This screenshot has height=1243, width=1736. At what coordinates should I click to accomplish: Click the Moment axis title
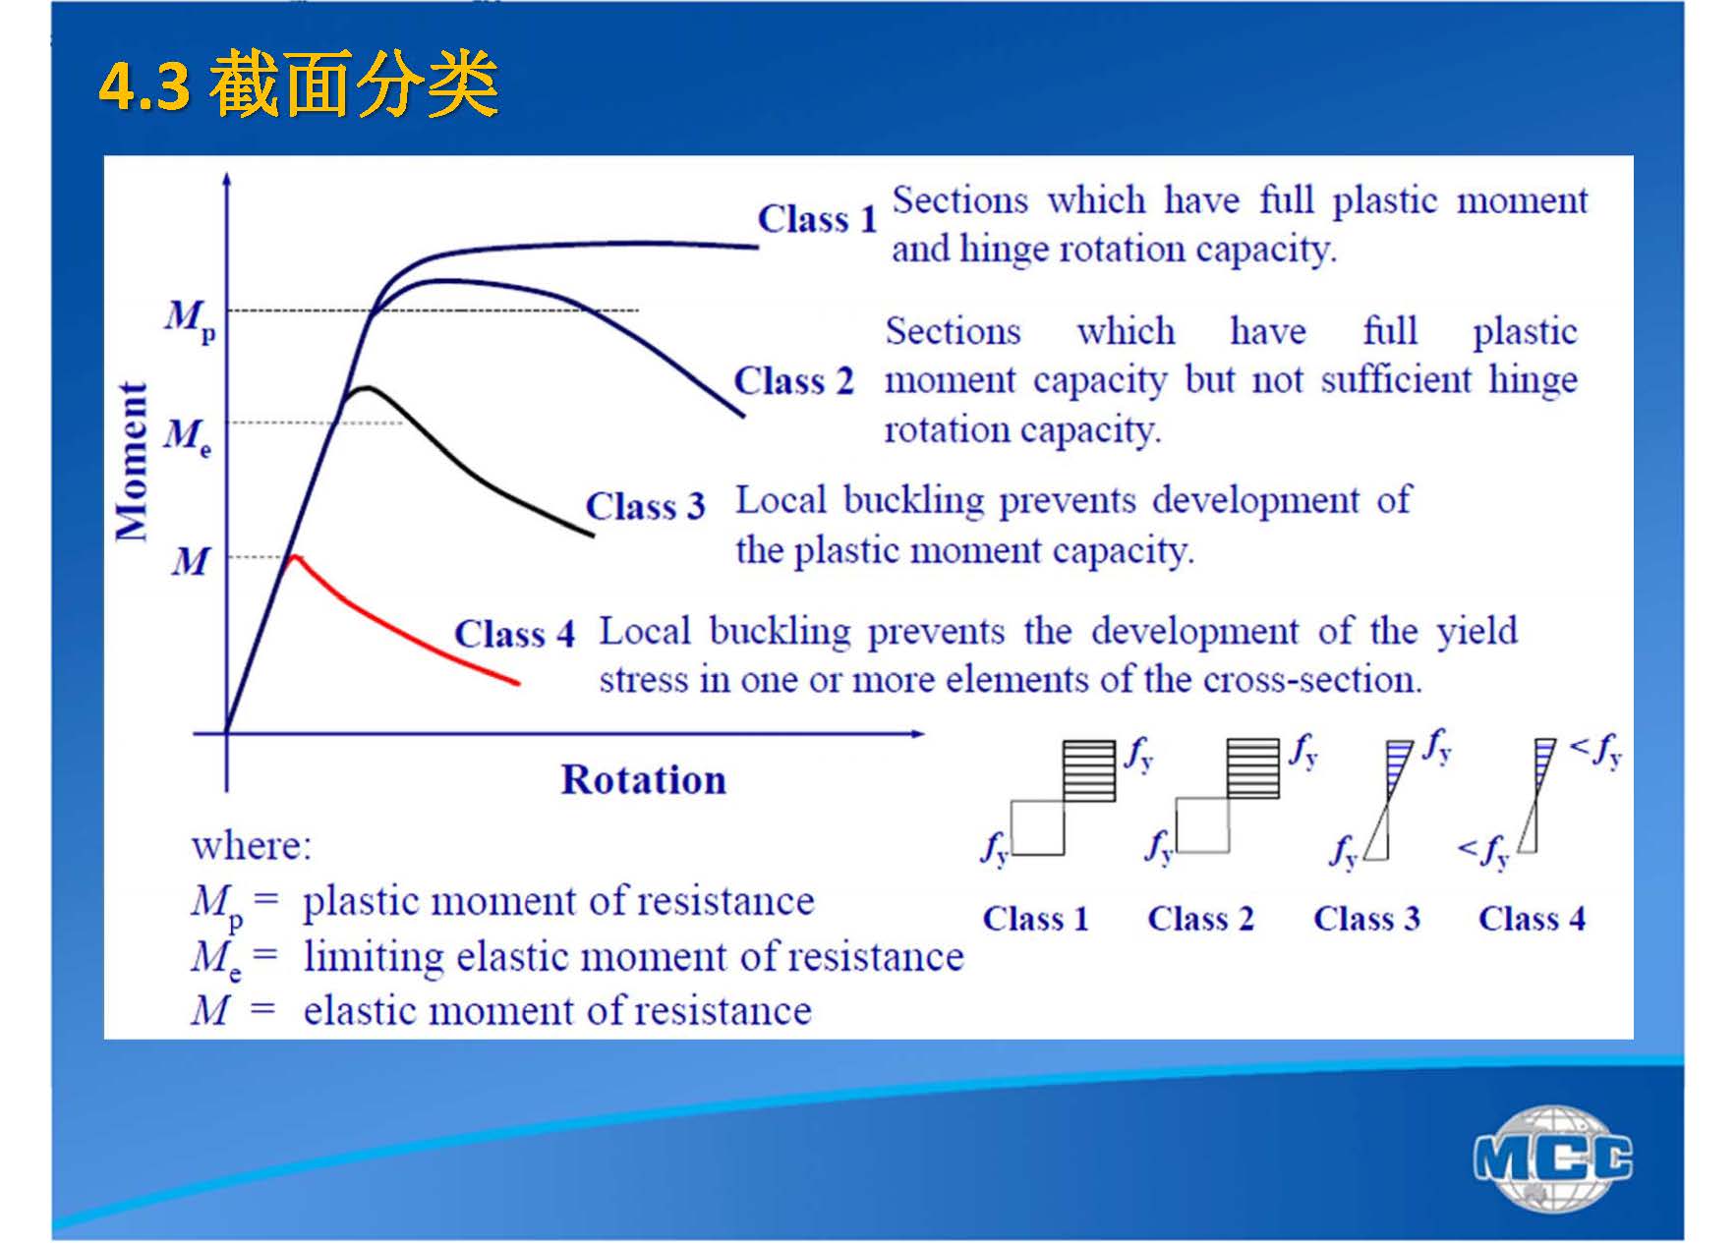point(132,461)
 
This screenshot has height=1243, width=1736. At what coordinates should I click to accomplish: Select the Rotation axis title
point(644,779)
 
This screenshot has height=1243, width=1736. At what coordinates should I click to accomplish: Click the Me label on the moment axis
point(188,435)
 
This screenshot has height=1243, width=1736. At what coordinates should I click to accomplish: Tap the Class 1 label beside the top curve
point(817,218)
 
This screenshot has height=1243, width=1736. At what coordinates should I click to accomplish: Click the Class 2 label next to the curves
point(794,380)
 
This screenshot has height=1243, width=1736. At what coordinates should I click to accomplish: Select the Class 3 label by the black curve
point(646,506)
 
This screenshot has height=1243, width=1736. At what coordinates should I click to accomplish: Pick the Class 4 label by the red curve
point(514,634)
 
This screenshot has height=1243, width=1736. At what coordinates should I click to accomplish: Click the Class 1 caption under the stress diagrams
point(1036,919)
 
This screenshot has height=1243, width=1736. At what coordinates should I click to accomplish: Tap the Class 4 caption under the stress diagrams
point(1533,919)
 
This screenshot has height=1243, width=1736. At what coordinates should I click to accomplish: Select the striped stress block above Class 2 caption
point(1253,768)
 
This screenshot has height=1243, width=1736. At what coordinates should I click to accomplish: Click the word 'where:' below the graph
point(252,845)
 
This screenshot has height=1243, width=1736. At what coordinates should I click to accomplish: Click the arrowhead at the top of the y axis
point(227,179)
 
